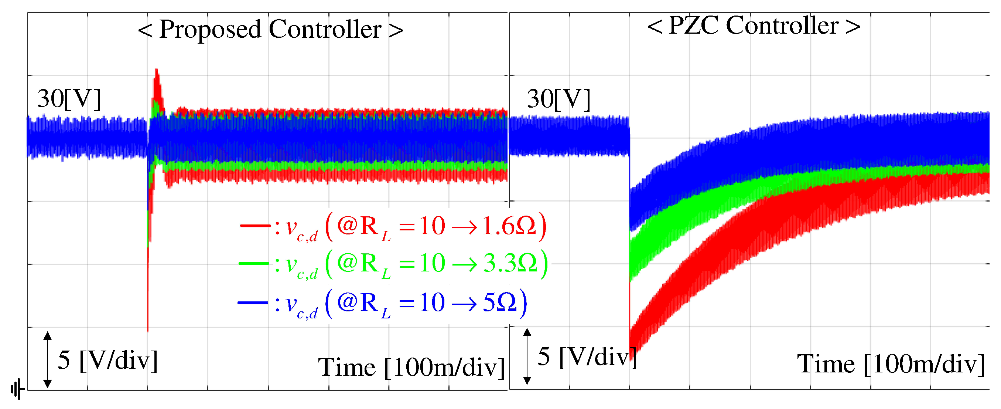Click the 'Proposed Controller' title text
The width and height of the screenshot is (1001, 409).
[x=270, y=30]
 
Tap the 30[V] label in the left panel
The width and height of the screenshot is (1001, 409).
[x=69, y=99]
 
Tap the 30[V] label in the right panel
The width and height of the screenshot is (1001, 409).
[x=558, y=99]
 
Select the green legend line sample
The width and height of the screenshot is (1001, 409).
[x=254, y=263]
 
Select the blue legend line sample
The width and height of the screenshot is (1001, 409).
[x=253, y=302]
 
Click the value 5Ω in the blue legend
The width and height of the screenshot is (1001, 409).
[x=500, y=302]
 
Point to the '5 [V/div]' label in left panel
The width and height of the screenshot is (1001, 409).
[x=107, y=360]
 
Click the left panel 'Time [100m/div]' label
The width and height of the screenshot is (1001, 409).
[x=411, y=367]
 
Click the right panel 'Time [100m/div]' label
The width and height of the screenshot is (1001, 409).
[x=891, y=364]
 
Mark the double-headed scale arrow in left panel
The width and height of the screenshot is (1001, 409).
[x=47, y=360]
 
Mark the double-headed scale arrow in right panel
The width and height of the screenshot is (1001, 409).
[x=527, y=356]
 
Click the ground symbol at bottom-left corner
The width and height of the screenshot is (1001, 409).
[x=17, y=389]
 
